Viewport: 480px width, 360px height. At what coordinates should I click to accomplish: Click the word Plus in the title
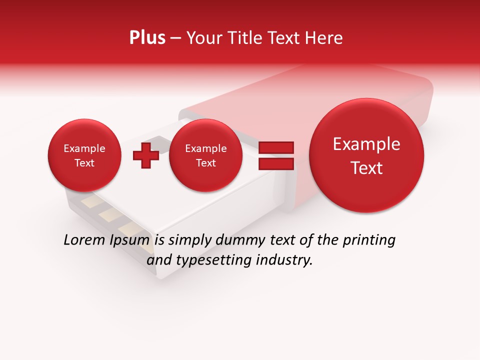[147, 38]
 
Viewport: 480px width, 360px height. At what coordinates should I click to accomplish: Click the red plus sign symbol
[146, 155]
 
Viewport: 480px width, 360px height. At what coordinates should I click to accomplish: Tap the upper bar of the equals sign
[275, 147]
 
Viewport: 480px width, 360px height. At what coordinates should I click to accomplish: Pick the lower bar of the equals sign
[275, 164]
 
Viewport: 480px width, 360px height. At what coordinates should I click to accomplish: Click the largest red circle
[366, 155]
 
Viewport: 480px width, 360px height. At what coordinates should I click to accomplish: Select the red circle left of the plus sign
[84, 155]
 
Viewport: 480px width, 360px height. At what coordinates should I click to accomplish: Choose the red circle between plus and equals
[205, 155]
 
